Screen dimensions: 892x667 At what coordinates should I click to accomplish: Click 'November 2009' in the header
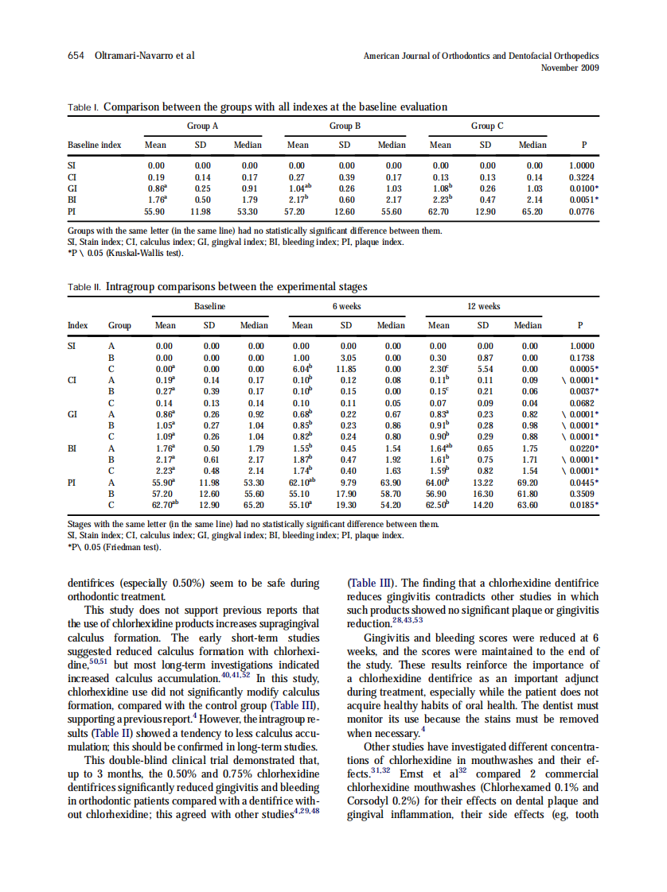pyautogui.click(x=569, y=68)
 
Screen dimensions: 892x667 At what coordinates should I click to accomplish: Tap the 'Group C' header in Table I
pyautogui.click(x=486, y=126)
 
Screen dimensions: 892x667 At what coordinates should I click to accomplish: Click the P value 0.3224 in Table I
pyautogui.click(x=583, y=177)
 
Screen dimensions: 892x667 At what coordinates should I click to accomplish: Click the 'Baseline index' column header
pyautogui.click(x=95, y=145)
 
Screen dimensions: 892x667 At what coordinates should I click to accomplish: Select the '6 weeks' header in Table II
pyautogui.click(x=346, y=306)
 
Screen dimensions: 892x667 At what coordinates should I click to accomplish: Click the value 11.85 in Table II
pyautogui.click(x=348, y=369)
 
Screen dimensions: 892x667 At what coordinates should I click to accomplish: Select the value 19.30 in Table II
pyautogui.click(x=348, y=504)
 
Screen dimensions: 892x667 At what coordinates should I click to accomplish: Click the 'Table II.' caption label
pyautogui.click(x=84, y=287)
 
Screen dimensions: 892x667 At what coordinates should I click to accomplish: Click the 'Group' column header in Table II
pyautogui.click(x=119, y=325)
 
